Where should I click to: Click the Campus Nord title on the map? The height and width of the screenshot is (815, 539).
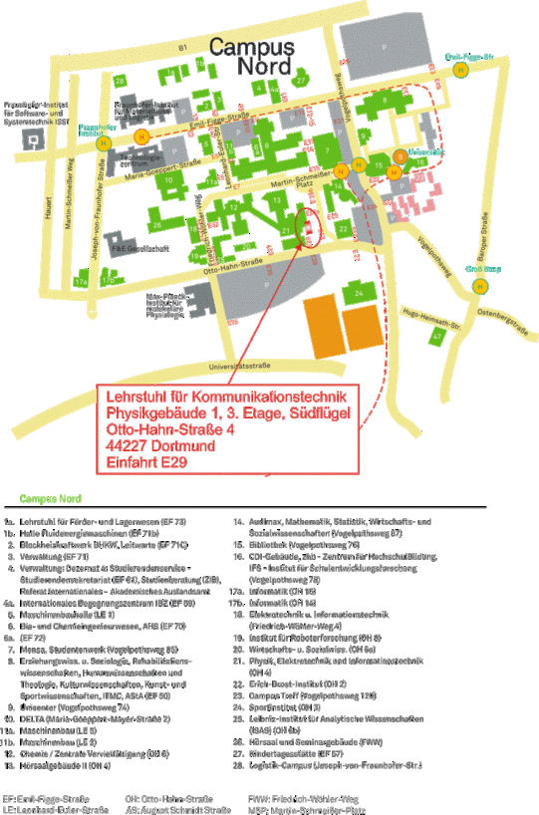click(252, 57)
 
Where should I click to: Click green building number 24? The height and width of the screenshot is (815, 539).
click(357, 292)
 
